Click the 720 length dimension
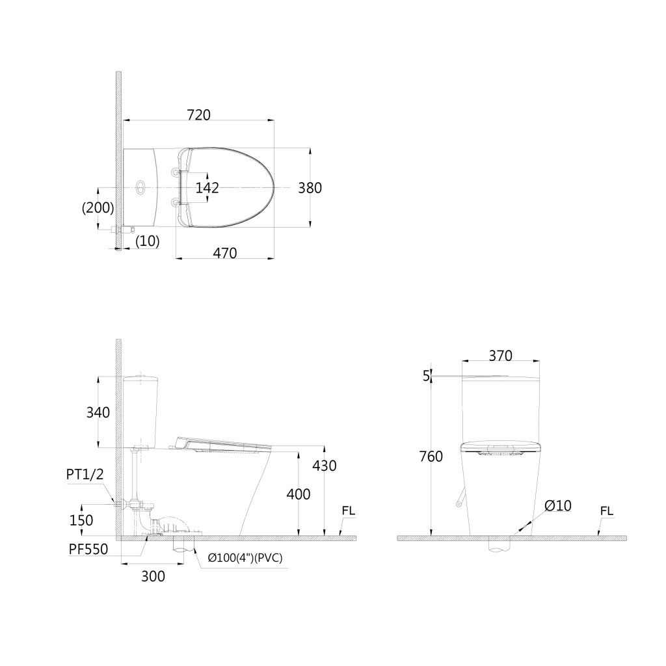[199, 114]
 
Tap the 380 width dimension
[310, 188]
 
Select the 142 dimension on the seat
[207, 188]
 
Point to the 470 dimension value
[224, 253]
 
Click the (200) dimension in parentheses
[98, 207]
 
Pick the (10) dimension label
[148, 241]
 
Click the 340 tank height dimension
[98, 412]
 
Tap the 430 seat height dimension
[325, 466]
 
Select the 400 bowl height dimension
[298, 494]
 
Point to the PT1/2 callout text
[85, 474]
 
